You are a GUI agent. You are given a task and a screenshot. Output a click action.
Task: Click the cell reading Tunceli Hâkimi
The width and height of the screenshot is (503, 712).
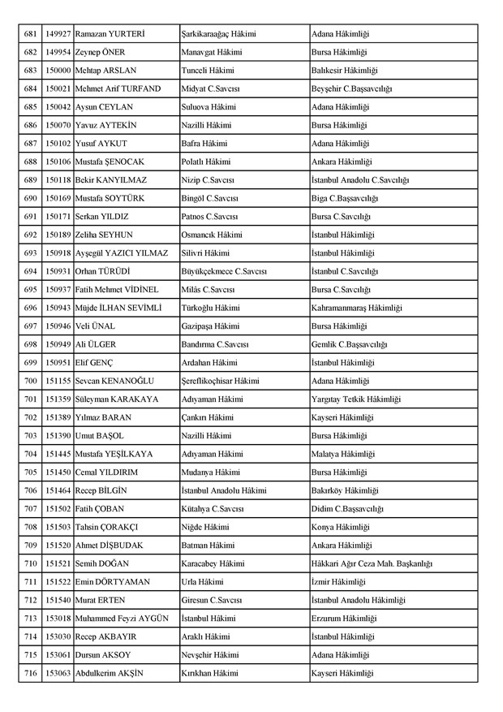[207, 71]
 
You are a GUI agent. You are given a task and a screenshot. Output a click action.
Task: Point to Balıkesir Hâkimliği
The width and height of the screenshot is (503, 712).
[344, 71]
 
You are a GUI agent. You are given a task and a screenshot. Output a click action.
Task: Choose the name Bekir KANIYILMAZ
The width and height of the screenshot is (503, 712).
[112, 179]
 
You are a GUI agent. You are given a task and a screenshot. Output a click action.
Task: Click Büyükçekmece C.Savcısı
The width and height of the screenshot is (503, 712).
[224, 271]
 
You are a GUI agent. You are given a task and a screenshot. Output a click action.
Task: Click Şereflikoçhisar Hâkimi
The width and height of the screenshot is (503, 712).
[221, 380]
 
